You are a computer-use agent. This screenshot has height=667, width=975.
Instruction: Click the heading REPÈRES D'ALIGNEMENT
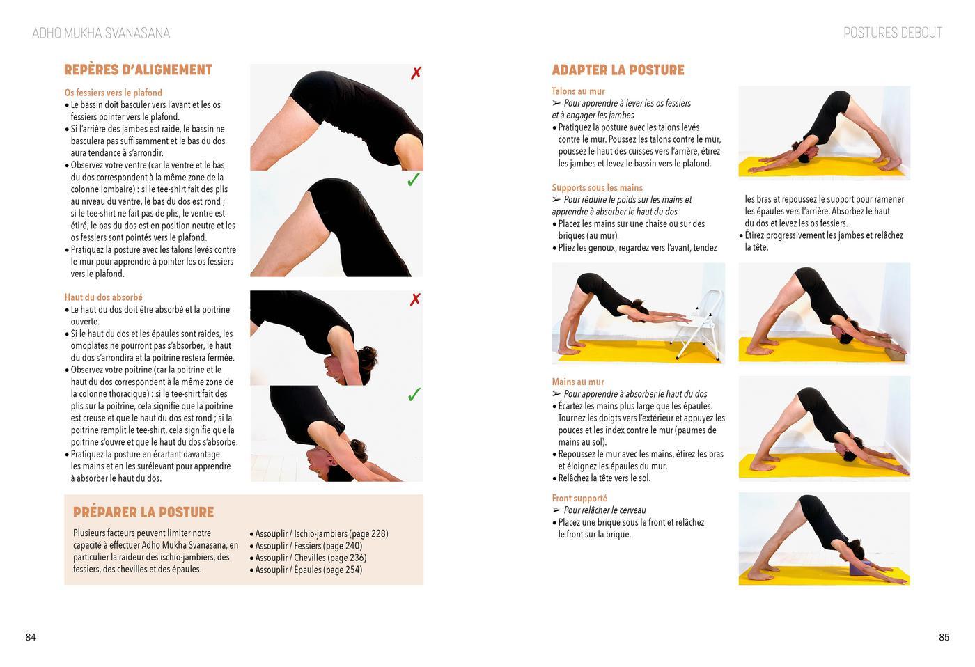point(138,70)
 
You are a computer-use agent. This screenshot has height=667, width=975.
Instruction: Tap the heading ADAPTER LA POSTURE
point(618,70)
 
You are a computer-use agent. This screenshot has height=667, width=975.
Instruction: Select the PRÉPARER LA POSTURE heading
point(143,512)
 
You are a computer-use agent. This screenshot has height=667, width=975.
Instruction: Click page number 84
point(31,637)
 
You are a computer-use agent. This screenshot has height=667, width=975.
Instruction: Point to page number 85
point(944,637)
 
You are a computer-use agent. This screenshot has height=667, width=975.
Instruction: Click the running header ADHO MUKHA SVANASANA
point(101,33)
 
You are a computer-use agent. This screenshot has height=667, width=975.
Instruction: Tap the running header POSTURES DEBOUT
point(893,33)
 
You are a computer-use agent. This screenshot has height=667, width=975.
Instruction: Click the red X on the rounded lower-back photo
point(416,72)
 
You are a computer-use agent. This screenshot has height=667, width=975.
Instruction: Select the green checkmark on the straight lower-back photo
point(414,179)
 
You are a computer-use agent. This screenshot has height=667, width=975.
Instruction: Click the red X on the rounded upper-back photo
point(415,299)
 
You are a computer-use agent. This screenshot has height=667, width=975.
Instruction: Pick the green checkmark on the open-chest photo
point(414,394)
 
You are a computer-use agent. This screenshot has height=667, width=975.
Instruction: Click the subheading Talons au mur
point(578,91)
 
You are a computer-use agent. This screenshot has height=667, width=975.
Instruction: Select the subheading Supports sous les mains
point(598,187)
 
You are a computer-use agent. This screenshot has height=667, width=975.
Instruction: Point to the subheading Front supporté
point(579,499)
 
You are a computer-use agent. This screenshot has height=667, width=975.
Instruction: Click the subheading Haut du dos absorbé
point(104,297)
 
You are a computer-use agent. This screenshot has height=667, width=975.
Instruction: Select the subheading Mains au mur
point(578,382)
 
